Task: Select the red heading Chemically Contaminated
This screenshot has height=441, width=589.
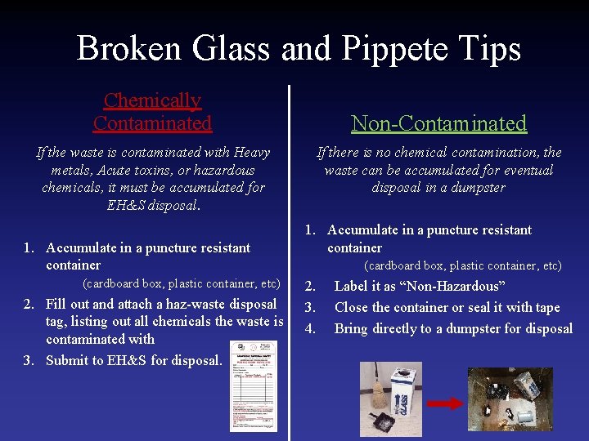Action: click(152, 112)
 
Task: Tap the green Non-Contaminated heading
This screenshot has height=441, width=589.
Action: click(438, 123)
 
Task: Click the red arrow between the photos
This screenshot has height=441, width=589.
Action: click(445, 403)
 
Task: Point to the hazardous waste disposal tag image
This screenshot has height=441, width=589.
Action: click(254, 385)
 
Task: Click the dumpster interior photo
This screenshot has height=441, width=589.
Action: click(510, 399)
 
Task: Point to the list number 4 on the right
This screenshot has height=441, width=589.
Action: click(310, 328)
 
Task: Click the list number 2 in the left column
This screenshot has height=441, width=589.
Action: click(29, 304)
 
